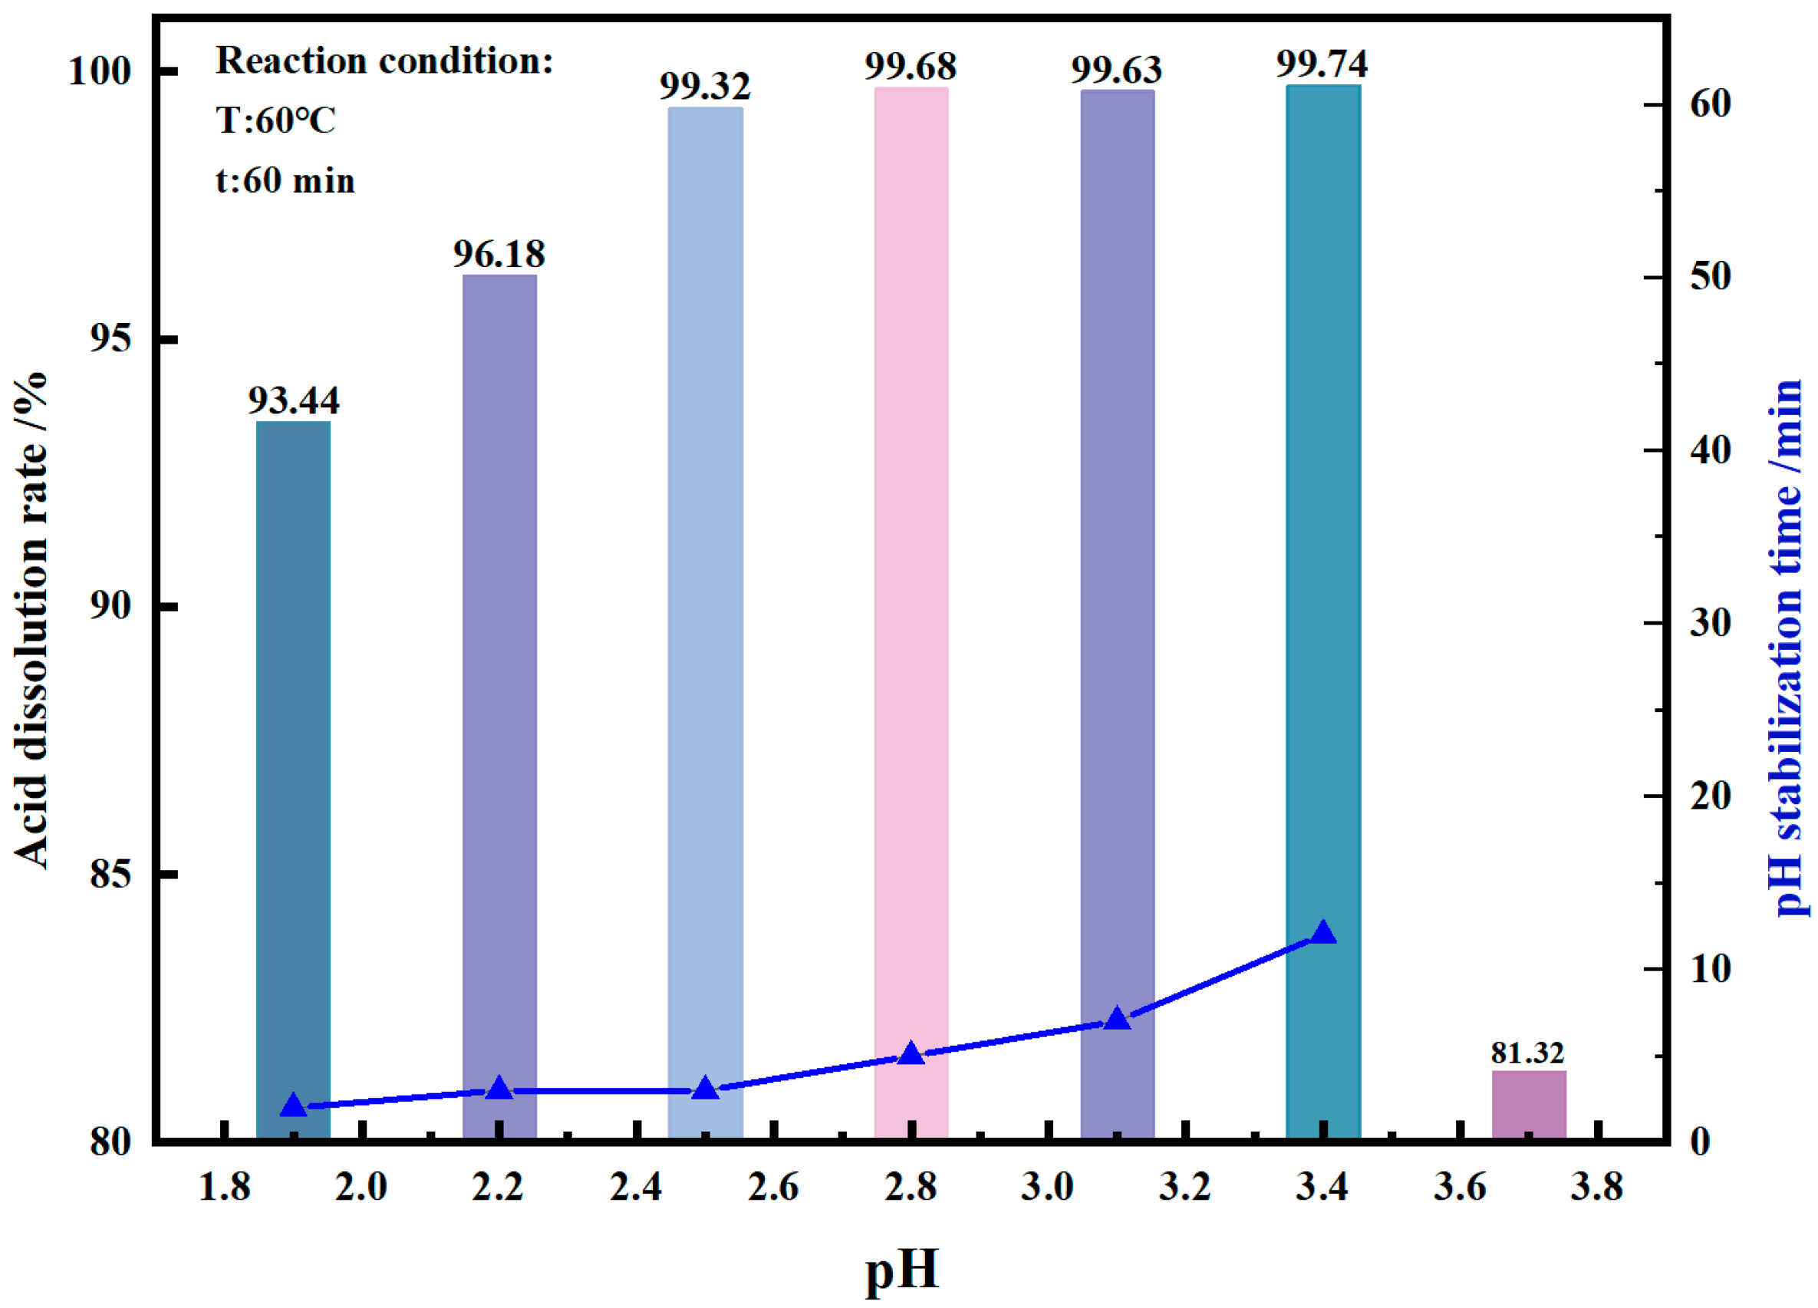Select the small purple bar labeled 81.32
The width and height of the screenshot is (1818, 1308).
tap(1528, 1104)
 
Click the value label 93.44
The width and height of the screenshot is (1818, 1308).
tap(293, 399)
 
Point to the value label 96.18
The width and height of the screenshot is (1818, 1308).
tap(499, 254)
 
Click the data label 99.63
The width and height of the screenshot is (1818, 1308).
tap(1117, 71)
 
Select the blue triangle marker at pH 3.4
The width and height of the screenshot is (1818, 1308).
tap(1322, 933)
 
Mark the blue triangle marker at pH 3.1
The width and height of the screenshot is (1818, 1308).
tap(1118, 1019)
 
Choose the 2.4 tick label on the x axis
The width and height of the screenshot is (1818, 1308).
tap(636, 1187)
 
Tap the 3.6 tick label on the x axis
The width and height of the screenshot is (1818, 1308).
tap(1460, 1187)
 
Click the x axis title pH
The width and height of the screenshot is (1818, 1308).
tap(902, 1270)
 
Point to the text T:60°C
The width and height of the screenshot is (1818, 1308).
tap(275, 121)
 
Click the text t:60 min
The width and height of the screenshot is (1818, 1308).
tap(285, 180)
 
